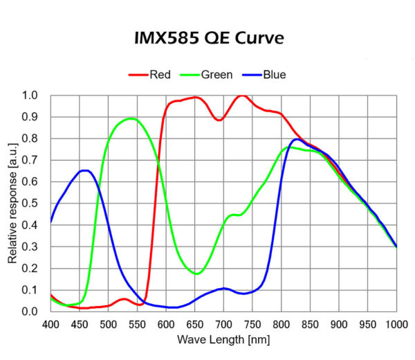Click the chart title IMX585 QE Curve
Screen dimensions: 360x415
tap(209, 38)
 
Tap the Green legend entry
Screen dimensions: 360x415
tap(216, 75)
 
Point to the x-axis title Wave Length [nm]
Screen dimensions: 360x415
tap(223, 340)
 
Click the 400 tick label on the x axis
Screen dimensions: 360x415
tap(50, 324)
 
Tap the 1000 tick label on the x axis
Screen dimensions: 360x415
tap(396, 324)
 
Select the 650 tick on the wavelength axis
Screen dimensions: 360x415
tap(195, 324)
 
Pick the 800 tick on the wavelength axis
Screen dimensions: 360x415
tap(281, 324)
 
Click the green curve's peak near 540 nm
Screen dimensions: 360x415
tap(131, 118)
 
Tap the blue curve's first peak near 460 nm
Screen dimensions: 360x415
tap(86, 170)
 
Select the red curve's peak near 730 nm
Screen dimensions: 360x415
tap(241, 96)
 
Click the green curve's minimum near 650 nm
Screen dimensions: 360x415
tap(196, 273)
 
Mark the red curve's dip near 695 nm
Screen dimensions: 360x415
tap(219, 120)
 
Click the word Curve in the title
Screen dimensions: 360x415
tap(260, 38)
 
